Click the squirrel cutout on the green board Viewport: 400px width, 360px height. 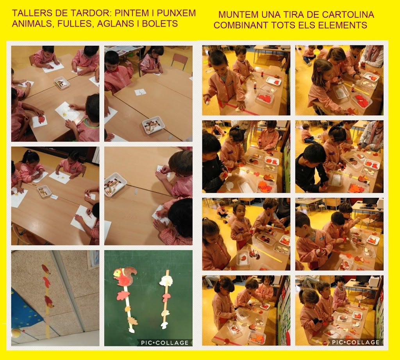(x=124, y=276)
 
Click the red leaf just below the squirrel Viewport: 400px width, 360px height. (x=123, y=296)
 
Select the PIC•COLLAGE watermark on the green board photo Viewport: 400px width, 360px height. (x=165, y=342)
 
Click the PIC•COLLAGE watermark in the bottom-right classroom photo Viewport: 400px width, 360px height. (x=355, y=342)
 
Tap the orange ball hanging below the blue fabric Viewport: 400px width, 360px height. (x=16, y=333)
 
